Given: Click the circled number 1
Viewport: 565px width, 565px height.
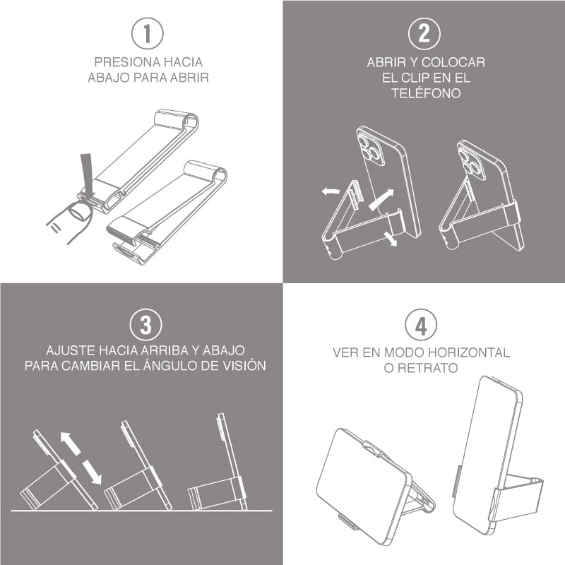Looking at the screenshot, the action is pos(147,33).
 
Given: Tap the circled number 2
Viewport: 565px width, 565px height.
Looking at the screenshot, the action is pos(424,33).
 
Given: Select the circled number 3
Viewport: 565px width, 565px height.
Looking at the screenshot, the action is pos(146,324).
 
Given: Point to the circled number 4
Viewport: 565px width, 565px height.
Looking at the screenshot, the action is pos(421,326).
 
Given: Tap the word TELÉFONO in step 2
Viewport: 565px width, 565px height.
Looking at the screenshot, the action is pos(426,93).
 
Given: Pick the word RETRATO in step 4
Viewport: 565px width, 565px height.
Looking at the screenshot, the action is pos(427,368).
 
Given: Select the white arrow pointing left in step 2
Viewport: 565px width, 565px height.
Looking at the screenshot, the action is pos(331,191).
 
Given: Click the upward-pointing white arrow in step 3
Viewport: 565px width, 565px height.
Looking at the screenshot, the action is pos(70,444).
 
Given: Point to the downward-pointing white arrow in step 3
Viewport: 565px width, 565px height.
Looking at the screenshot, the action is pos(92,472).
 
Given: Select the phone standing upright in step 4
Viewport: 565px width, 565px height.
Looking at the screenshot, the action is pos(487,454).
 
